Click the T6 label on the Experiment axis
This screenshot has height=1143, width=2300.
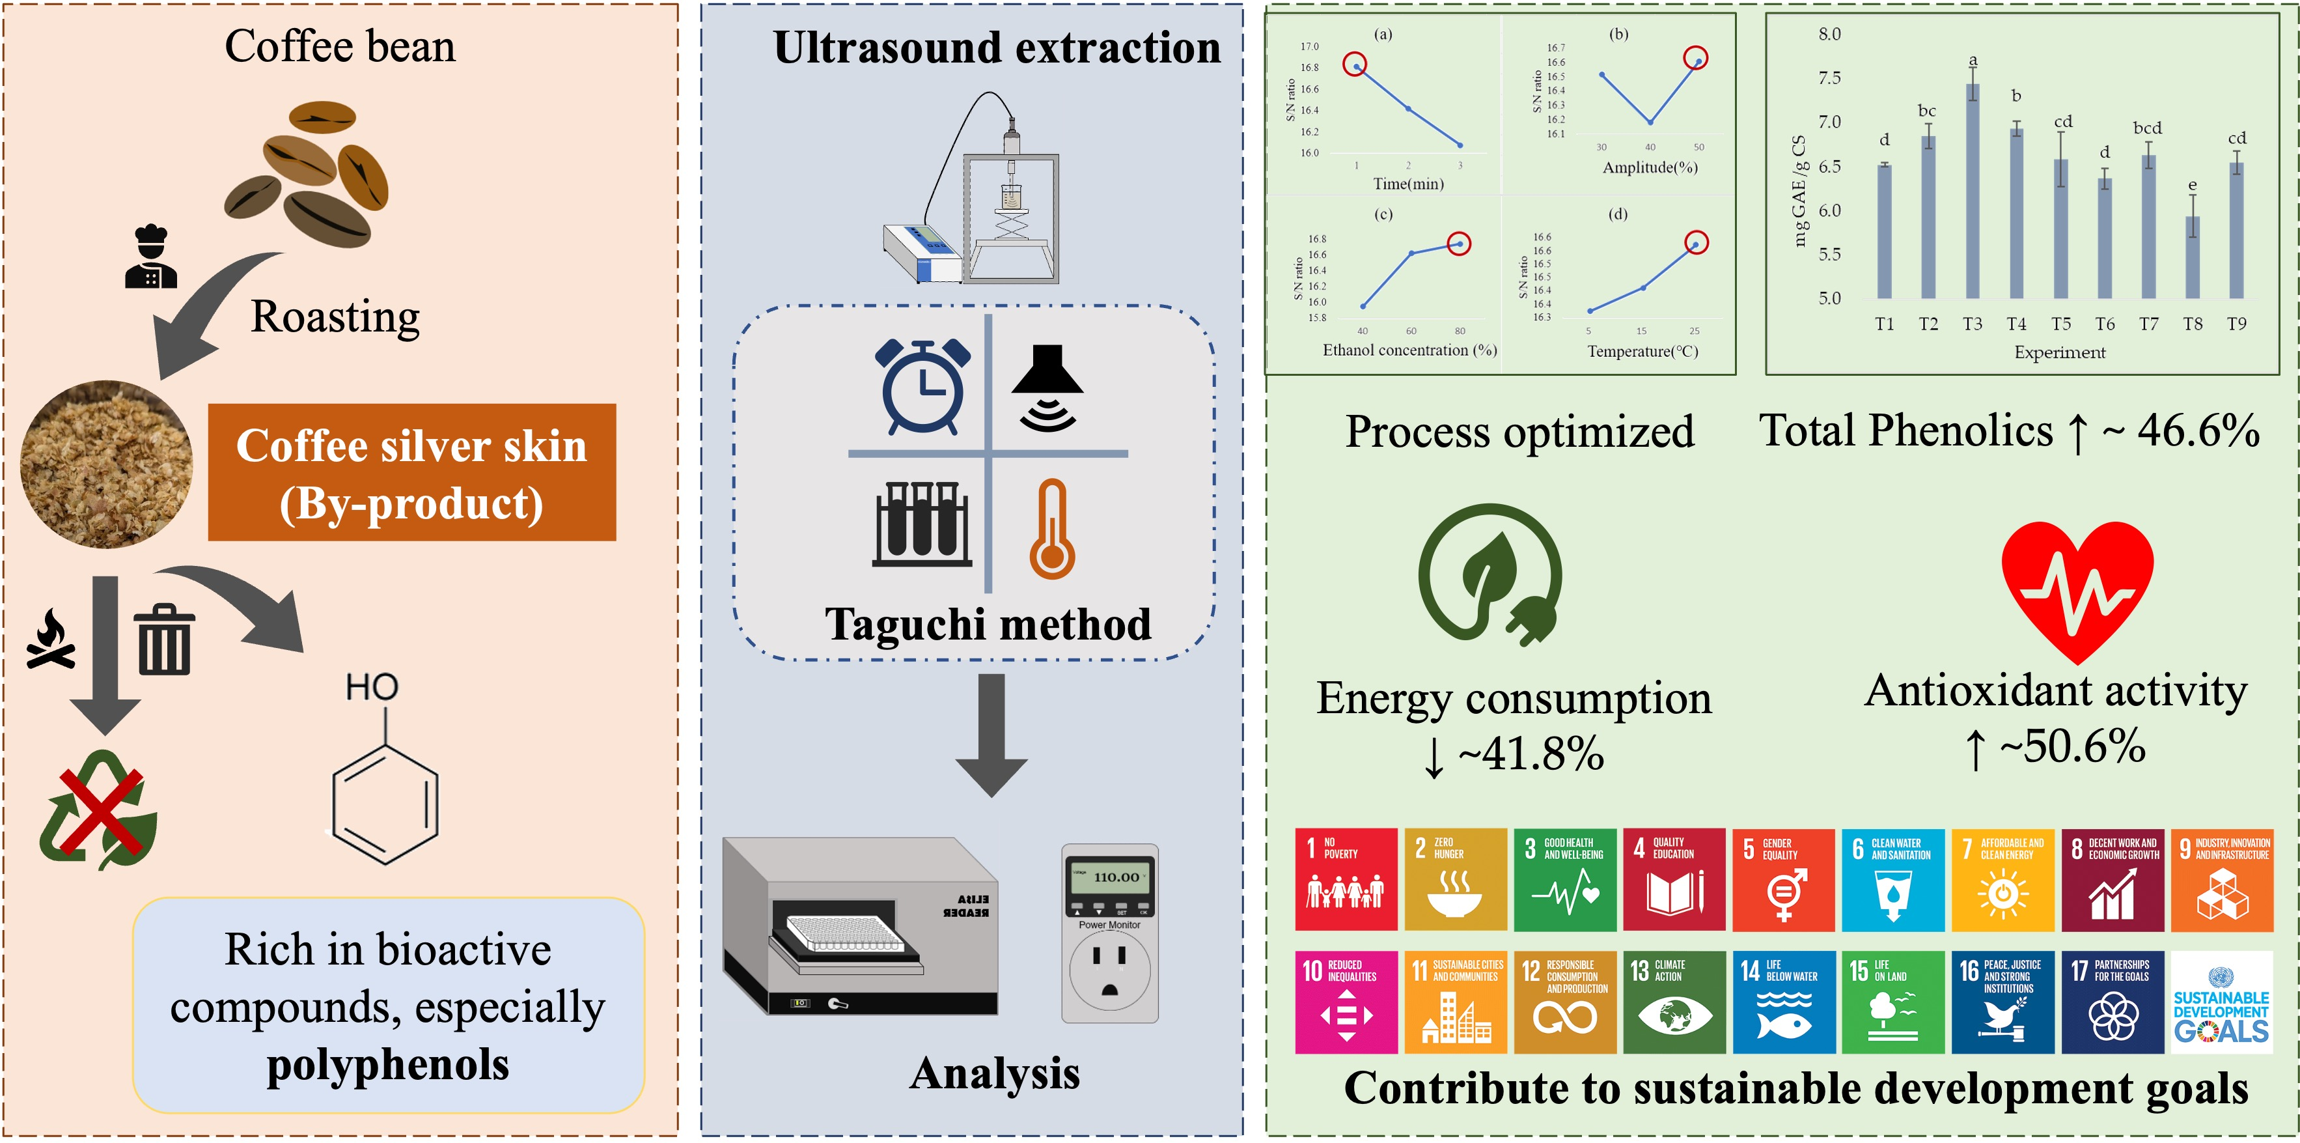pyautogui.click(x=2105, y=324)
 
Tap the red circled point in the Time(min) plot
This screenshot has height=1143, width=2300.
pyautogui.click(x=1355, y=65)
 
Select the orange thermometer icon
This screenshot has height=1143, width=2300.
pyautogui.click(x=1053, y=529)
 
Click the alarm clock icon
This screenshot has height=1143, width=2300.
pyautogui.click(x=922, y=387)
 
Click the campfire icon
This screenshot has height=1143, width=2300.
pyautogui.click(x=51, y=640)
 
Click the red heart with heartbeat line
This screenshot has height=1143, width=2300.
pyautogui.click(x=2077, y=587)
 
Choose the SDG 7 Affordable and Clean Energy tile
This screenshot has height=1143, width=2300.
pyautogui.click(x=2002, y=880)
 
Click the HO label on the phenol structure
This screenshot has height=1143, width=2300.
pyautogui.click(x=372, y=686)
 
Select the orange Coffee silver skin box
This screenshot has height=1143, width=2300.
pyautogui.click(x=411, y=472)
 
